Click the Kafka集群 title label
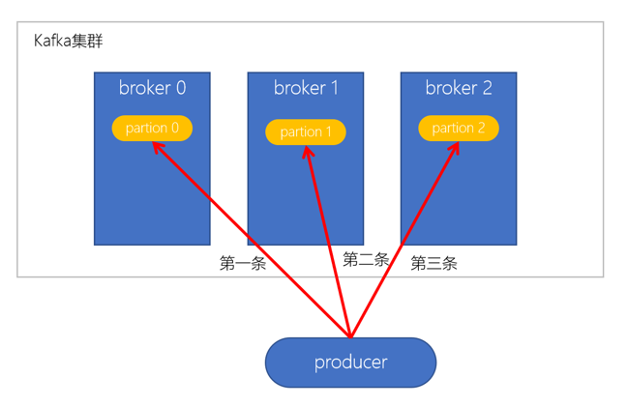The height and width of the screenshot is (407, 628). [x=68, y=42]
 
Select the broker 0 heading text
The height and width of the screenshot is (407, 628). [x=152, y=88]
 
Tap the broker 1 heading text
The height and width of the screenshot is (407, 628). [x=306, y=88]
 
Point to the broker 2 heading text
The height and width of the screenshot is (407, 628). [x=459, y=88]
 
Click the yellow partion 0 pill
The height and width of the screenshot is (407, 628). [x=152, y=128]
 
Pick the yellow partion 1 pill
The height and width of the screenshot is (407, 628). [x=306, y=131]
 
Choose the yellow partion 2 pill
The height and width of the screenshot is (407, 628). [x=459, y=128]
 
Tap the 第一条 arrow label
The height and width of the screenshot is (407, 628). [x=242, y=263]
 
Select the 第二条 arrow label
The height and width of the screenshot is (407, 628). [x=366, y=259]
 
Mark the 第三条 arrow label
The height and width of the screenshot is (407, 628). [x=434, y=263]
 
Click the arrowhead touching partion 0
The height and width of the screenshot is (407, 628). [x=156, y=145]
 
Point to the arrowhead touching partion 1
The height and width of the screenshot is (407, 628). [x=310, y=150]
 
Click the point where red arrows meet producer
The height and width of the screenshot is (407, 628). [x=350, y=337]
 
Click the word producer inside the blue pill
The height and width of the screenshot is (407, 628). [x=350, y=363]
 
